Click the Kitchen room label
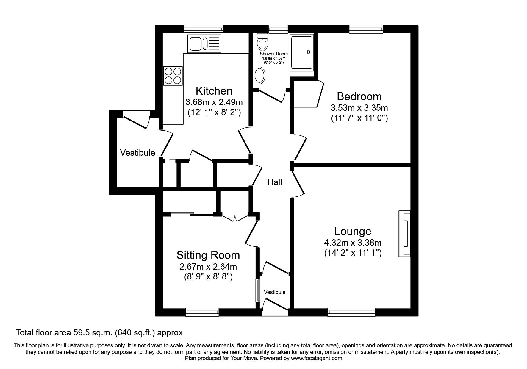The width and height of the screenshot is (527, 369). (x=214, y=90)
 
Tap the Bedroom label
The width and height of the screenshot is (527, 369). (x=359, y=96)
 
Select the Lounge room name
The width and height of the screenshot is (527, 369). (x=353, y=231)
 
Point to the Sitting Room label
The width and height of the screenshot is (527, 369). (x=208, y=255)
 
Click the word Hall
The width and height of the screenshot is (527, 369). (x=274, y=182)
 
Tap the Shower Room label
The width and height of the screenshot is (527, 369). (x=274, y=54)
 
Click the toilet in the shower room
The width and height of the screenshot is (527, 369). (x=262, y=42)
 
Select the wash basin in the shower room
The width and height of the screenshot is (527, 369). (x=259, y=75)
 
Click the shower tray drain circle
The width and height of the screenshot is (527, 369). (x=309, y=52)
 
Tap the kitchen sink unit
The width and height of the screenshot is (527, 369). (x=204, y=43)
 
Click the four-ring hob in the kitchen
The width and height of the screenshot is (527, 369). (x=173, y=76)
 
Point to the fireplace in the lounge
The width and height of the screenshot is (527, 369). (x=405, y=234)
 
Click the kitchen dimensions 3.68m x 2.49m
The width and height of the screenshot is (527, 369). (x=214, y=102)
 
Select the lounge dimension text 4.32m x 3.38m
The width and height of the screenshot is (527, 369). (x=353, y=243)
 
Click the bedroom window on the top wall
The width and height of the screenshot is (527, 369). (x=366, y=29)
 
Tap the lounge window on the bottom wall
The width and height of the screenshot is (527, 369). (x=351, y=312)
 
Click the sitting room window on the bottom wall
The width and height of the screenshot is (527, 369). (x=202, y=312)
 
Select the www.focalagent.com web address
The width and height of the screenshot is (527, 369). (x=317, y=358)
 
